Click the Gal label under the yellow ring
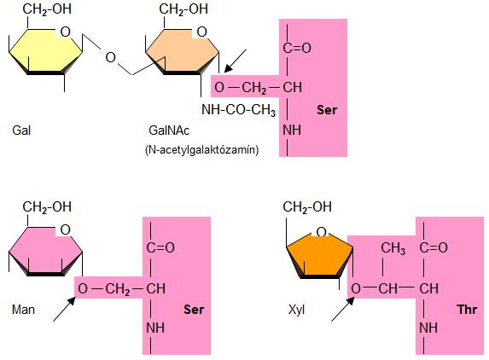(21, 131)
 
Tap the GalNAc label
(169, 131)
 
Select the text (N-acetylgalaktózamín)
(202, 150)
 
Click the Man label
(23, 310)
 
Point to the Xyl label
(297, 310)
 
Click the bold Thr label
(467, 310)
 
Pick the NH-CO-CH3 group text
(239, 110)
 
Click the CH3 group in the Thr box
(393, 248)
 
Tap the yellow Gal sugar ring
(46, 51)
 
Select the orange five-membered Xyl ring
(320, 256)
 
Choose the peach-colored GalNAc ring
(183, 51)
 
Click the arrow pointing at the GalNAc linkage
(236, 61)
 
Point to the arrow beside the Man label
(64, 309)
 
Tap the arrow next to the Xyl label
(343, 309)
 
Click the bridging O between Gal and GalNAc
(110, 58)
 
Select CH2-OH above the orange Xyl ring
(307, 207)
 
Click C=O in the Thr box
(434, 247)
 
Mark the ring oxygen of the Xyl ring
(321, 232)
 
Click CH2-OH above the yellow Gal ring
(47, 9)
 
